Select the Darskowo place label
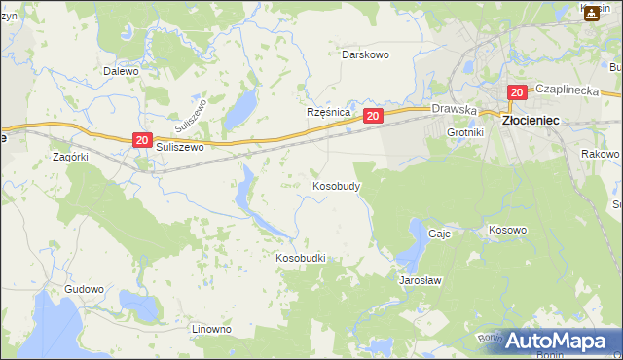[x=365, y=54]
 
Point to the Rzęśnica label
[x=328, y=112]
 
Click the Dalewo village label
[x=122, y=71]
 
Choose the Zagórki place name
[x=71, y=156]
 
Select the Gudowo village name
[x=84, y=289]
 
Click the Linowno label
[x=211, y=329]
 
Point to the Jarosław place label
[x=421, y=280]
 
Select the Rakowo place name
[x=600, y=154]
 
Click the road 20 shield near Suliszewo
[x=142, y=141]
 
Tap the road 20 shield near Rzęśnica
[x=373, y=116]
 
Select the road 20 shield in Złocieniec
[x=516, y=92]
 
